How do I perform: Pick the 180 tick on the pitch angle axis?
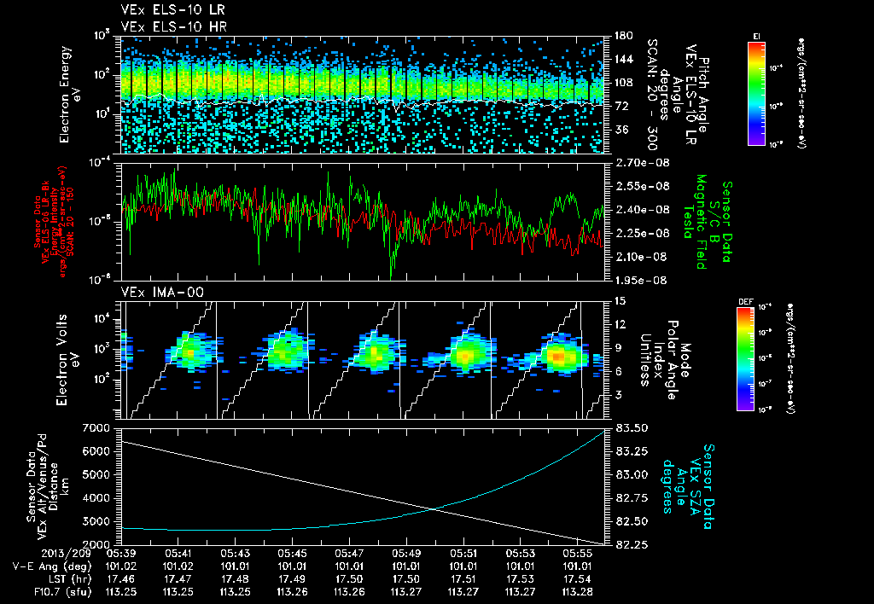[x=622, y=36]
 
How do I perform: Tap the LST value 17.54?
[x=578, y=578]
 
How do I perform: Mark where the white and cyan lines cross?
[x=436, y=509]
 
